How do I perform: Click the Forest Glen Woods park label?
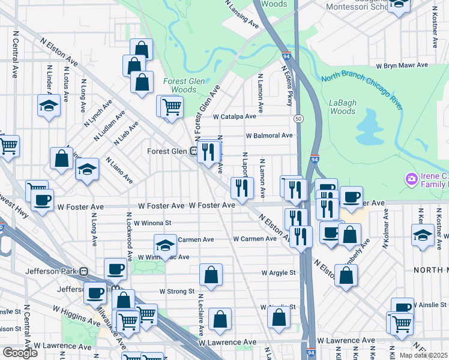click(x=179, y=85)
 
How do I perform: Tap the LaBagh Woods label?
click(x=343, y=107)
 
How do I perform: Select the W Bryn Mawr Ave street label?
click(x=402, y=65)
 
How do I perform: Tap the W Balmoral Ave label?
click(x=268, y=136)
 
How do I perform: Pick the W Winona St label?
click(x=151, y=223)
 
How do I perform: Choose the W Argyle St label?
click(x=279, y=272)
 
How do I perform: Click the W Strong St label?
click(x=176, y=292)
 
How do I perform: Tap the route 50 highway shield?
click(x=298, y=119)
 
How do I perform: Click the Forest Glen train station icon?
click(x=194, y=151)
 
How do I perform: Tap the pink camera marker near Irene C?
click(x=411, y=179)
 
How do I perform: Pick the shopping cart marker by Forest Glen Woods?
click(x=172, y=107)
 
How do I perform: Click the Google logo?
click(x=20, y=352)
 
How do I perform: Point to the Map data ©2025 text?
click(x=424, y=355)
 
